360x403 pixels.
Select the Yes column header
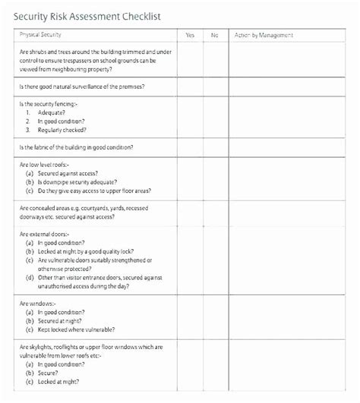pyautogui.click(x=190, y=35)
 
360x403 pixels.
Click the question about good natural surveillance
pyautogui.click(x=81, y=87)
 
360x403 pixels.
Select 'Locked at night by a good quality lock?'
pyautogui.click(x=85, y=251)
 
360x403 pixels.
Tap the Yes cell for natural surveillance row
pyautogui.click(x=190, y=87)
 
